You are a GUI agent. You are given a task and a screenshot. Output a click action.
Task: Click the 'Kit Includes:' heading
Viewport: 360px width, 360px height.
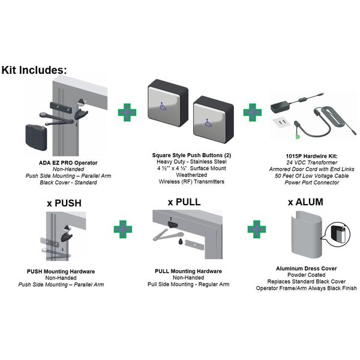click(34, 70)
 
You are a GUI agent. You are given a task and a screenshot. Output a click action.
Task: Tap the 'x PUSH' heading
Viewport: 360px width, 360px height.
click(64, 203)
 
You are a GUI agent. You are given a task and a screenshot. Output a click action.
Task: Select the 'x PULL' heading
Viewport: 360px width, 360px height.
click(184, 202)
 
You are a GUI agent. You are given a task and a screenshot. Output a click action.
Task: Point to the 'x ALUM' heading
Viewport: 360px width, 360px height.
click(305, 202)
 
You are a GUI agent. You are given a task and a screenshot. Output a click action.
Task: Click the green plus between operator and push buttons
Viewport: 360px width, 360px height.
click(127, 113)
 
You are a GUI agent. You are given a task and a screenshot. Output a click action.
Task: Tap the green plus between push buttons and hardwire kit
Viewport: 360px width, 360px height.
click(253, 113)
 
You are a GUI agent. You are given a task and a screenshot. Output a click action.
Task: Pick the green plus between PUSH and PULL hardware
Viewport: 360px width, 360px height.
click(123, 229)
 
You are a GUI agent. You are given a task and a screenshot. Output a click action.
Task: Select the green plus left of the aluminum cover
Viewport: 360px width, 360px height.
click(257, 229)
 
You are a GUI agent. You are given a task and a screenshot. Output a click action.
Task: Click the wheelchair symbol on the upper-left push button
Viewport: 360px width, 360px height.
click(163, 107)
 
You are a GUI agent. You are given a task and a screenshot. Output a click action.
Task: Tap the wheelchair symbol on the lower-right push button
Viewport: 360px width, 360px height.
click(208, 123)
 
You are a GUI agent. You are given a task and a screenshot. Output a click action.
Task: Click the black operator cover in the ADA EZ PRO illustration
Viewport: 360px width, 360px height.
click(36, 137)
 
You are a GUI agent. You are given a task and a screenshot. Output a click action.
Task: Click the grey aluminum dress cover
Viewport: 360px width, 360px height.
click(307, 236)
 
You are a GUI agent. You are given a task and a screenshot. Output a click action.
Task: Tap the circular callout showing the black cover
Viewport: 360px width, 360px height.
click(338, 235)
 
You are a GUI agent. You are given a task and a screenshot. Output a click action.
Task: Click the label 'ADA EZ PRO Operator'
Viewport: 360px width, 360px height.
click(68, 163)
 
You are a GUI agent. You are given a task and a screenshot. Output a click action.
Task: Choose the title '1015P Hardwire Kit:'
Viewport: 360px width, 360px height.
click(312, 156)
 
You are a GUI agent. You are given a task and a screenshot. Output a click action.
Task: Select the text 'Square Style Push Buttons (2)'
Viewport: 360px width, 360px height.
click(191, 155)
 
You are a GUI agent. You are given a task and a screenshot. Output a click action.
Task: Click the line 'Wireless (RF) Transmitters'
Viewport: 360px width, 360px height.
click(191, 182)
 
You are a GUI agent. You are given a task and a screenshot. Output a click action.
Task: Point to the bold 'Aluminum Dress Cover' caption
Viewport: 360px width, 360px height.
click(306, 268)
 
